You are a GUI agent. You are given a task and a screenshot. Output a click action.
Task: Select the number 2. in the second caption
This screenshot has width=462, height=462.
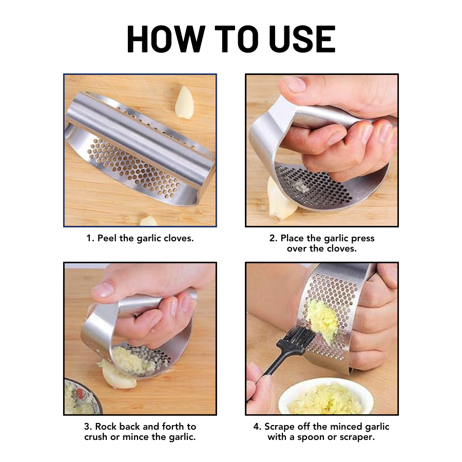click(274, 238)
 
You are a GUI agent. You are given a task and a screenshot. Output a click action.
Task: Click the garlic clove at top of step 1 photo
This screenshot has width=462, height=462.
click(184, 102)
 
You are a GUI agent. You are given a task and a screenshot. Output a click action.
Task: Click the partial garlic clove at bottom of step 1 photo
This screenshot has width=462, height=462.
click(148, 221)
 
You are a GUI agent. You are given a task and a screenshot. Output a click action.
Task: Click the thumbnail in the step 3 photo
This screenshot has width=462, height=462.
click(104, 290)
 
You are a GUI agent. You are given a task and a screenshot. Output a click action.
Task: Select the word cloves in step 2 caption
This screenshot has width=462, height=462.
click(339, 248)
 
